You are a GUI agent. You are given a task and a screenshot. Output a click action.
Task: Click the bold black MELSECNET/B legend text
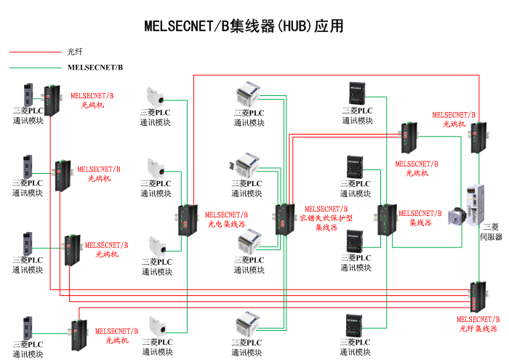pos(95,68)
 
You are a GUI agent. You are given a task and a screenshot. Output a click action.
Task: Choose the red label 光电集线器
pos(226,220)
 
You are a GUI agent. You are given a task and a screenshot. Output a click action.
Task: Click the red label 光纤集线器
pos(478,324)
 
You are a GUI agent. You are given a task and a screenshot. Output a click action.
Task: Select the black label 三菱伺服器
pos(491,231)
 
